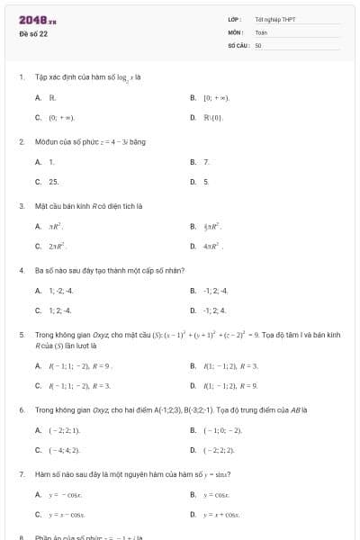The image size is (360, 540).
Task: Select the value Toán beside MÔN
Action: pyautogui.click(x=262, y=31)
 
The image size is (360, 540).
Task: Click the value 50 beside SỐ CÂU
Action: pyautogui.click(x=258, y=44)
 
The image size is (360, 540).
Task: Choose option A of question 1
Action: pyautogui.click(x=53, y=97)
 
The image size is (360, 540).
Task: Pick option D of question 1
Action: pyautogui.click(x=212, y=117)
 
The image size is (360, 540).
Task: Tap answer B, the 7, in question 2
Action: pyautogui.click(x=206, y=162)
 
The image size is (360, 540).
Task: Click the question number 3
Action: pyautogui.click(x=22, y=205)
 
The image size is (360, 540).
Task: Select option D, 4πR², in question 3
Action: pyautogui.click(x=213, y=246)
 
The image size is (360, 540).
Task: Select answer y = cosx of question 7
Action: pyautogui.click(x=219, y=495)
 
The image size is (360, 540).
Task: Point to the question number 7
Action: pyautogui.click(x=22, y=473)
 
